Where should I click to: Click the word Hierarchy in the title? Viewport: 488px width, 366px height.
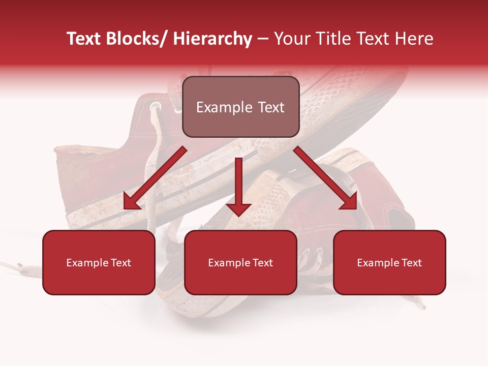212,39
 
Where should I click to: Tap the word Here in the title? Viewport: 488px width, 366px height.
415,39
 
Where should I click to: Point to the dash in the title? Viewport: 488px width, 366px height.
263,39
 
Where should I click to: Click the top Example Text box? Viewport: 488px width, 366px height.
240,107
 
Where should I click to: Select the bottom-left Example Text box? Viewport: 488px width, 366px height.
99,262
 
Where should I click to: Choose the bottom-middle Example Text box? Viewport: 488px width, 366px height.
240,262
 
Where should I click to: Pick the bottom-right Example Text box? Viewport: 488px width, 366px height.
389,262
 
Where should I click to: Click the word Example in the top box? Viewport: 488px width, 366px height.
223,107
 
